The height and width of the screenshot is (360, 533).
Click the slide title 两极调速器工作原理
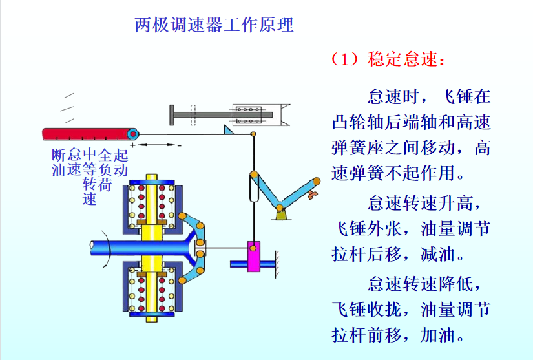[214, 25]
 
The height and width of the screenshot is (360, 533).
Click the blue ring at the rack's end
[133, 134]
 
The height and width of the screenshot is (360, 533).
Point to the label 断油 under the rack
[59, 162]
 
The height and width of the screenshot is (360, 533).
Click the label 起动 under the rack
[121, 162]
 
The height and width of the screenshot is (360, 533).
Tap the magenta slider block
[253, 257]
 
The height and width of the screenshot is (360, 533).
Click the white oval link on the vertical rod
[253, 187]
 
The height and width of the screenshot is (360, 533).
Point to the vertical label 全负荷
[105, 169]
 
